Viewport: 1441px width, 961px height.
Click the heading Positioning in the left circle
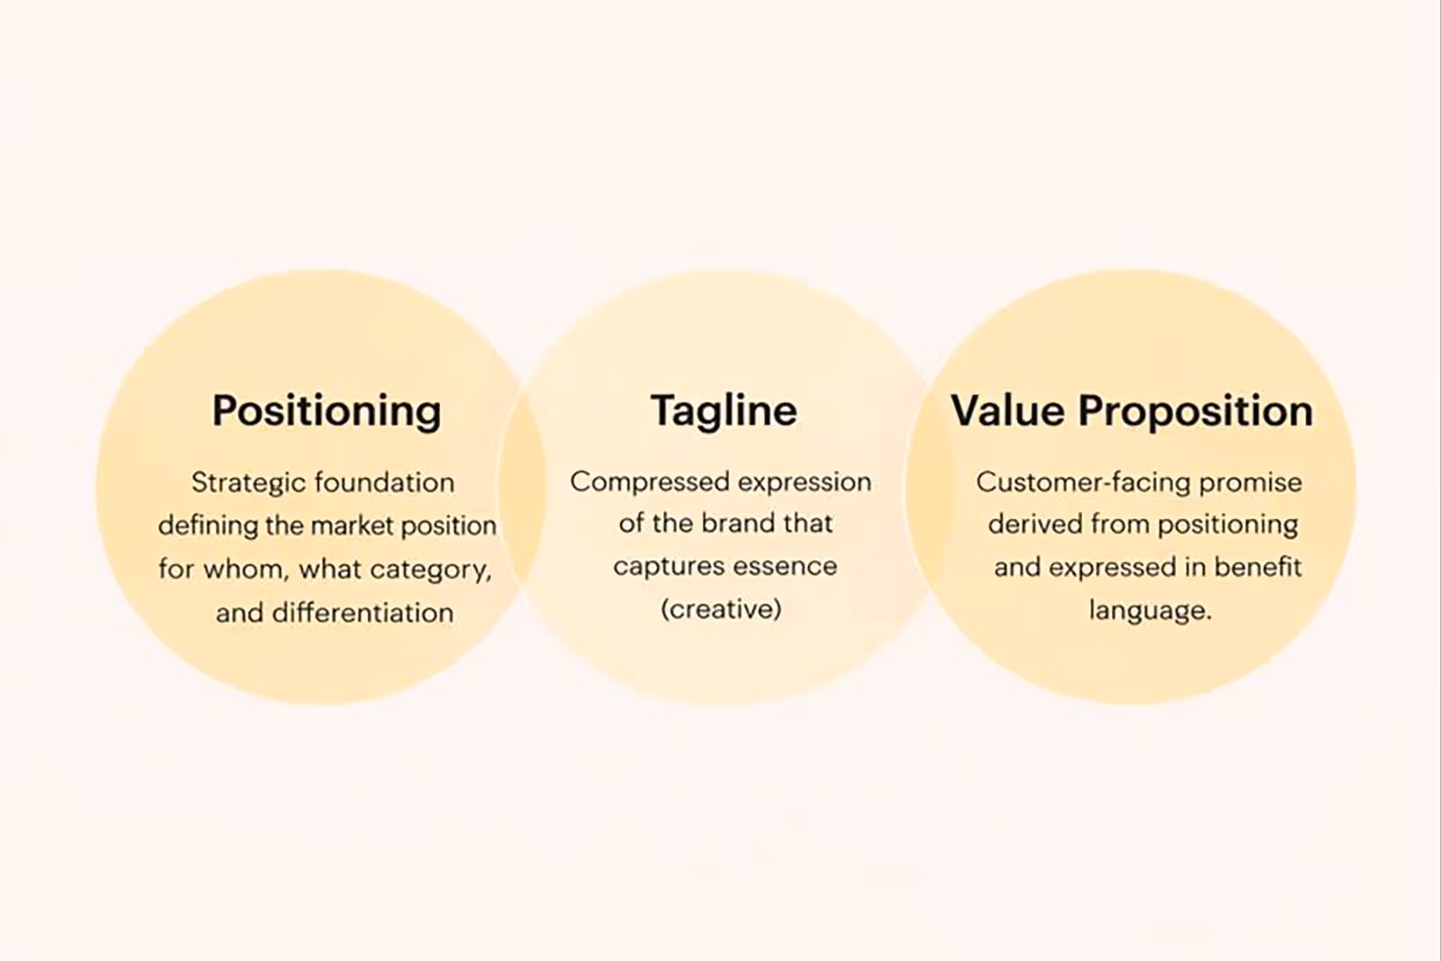coord(326,411)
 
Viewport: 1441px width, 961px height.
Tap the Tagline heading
coord(724,411)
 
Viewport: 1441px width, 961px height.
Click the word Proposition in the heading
coord(1196,411)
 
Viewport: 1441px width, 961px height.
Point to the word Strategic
coord(236,482)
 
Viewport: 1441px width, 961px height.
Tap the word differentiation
coord(363,613)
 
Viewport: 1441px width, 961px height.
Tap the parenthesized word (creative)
coord(720,609)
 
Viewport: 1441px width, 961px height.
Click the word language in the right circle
coord(1146,611)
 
